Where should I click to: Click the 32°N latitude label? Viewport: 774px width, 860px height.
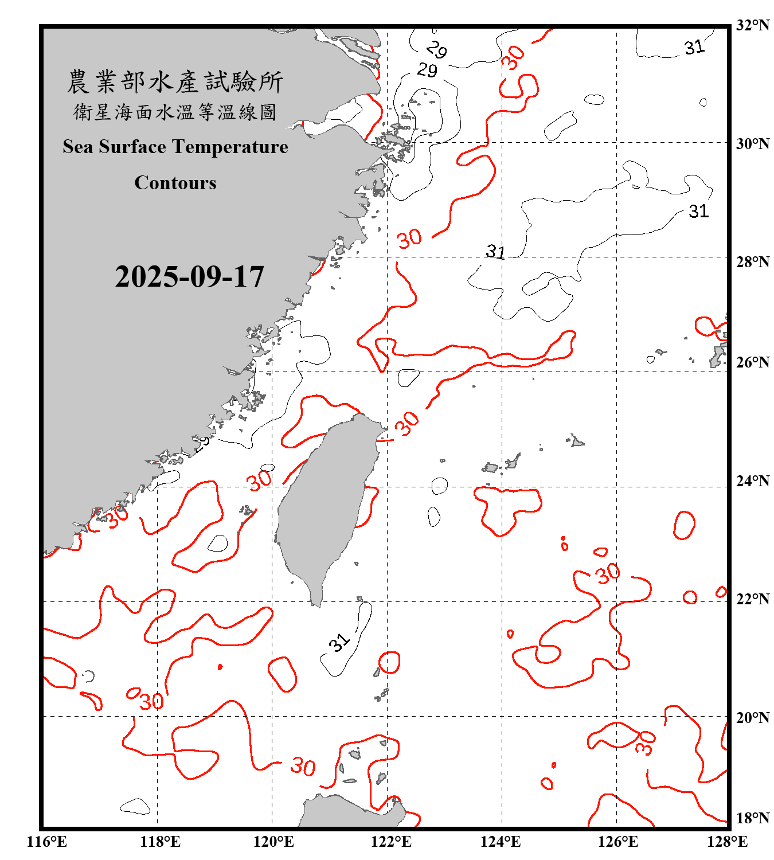(752, 25)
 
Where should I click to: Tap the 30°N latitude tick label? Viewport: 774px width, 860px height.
(752, 143)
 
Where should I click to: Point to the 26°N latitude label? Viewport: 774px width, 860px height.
(752, 362)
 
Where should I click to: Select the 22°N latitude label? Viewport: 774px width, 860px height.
(752, 599)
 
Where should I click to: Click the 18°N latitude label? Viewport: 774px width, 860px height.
(752, 818)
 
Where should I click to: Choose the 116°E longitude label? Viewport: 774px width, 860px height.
(47, 842)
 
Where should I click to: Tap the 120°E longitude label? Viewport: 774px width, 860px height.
(273, 842)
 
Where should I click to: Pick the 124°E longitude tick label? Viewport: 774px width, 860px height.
(501, 842)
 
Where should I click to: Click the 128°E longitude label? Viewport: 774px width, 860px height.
(727, 842)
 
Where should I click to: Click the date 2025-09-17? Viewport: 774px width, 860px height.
(189, 277)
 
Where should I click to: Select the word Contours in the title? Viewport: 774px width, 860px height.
(175, 183)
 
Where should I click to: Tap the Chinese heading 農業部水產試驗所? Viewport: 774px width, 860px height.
(175, 82)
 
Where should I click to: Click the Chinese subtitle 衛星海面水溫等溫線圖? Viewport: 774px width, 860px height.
(175, 112)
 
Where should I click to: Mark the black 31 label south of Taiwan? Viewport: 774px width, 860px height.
(339, 642)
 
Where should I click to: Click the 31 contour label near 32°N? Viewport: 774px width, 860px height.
(694, 47)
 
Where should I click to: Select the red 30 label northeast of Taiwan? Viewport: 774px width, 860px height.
(408, 423)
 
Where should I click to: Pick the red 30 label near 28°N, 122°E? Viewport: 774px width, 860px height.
(409, 239)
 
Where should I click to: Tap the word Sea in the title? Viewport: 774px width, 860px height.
(79, 147)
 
